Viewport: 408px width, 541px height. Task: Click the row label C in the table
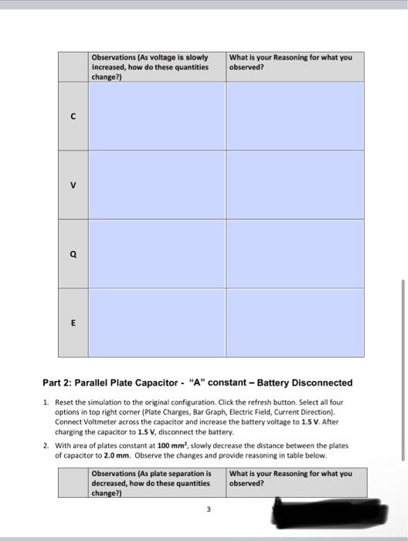pyautogui.click(x=73, y=116)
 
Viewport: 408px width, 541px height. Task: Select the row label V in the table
pyautogui.click(x=73, y=185)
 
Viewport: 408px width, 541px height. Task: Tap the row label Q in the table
pyautogui.click(x=73, y=253)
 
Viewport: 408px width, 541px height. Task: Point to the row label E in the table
pyautogui.click(x=73, y=323)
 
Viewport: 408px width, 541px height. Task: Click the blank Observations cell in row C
pyautogui.click(x=156, y=116)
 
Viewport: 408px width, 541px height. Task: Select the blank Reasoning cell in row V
pyautogui.click(x=294, y=185)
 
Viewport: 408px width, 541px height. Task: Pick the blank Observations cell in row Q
pyautogui.click(x=156, y=253)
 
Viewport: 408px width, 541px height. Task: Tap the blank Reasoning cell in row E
pyautogui.click(x=294, y=323)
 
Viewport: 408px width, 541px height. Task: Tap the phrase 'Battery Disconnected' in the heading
pyautogui.click(x=304, y=383)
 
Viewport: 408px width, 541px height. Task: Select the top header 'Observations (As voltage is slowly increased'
pyautogui.click(x=150, y=66)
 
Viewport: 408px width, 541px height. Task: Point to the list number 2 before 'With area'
pyautogui.click(x=46, y=446)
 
